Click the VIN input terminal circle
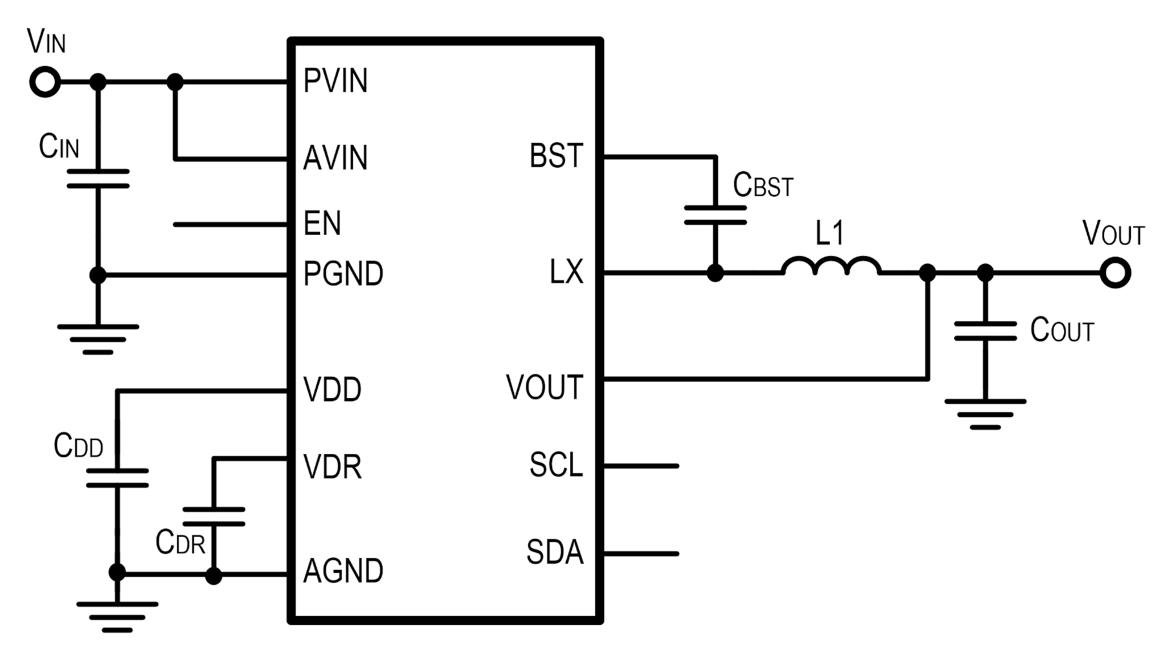tap(45, 83)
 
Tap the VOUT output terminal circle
tap(1115, 272)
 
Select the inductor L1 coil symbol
tap(831, 266)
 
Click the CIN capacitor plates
tap(98, 179)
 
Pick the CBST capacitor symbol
tap(715, 215)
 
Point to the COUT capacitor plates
tap(985, 331)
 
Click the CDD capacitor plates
tap(117, 478)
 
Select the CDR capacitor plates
tap(214, 516)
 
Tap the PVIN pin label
tap(336, 81)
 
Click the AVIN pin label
tap(336, 158)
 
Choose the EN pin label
tap(322, 223)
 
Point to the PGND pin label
tap(343, 274)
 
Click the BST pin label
tap(556, 156)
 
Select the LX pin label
tap(566, 272)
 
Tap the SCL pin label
tap(556, 464)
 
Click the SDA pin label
tap(555, 552)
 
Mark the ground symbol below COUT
tap(985, 414)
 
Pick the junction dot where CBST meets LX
tap(715, 272)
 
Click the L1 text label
tap(830, 233)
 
